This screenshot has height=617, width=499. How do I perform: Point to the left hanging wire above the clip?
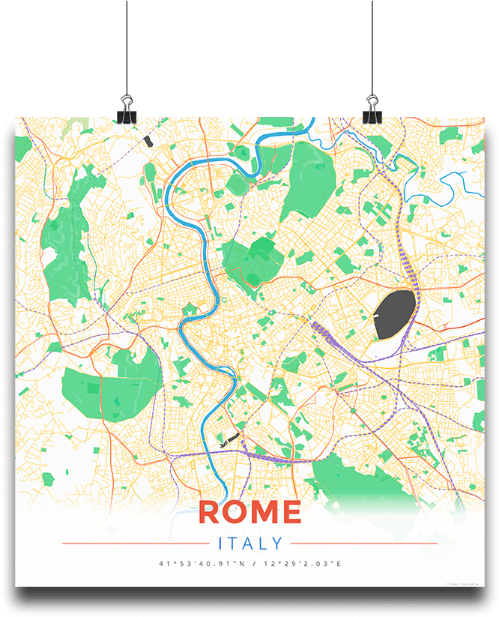pos(126,45)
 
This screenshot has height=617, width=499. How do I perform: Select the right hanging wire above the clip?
pos(372,45)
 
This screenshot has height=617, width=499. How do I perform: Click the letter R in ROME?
pos(212,512)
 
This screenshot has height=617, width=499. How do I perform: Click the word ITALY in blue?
pos(250,544)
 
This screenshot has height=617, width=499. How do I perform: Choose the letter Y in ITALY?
pos(278,544)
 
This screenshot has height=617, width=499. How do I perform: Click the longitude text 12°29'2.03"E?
pos(299,564)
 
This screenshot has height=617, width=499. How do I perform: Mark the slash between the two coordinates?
pos(249,564)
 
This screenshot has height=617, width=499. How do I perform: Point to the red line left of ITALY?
pos(135,544)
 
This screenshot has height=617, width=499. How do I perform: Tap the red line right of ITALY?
pos(363,544)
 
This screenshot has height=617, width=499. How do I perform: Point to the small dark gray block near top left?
pos(148,140)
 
